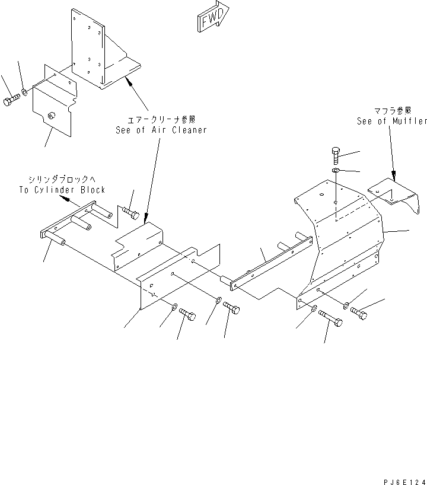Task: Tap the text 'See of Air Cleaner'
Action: [x=161, y=130]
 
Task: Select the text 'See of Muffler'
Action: [x=391, y=121]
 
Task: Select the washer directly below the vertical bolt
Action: [x=336, y=171]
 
